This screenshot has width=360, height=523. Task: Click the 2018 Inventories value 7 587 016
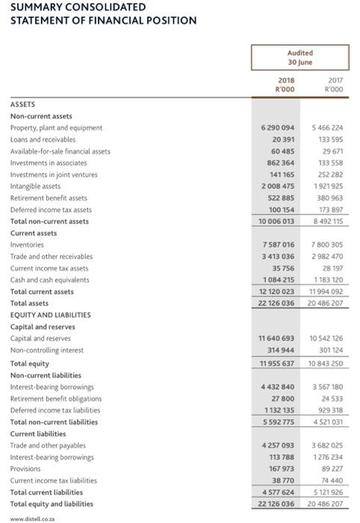(x=278, y=244)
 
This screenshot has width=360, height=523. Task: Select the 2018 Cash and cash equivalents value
(x=278, y=279)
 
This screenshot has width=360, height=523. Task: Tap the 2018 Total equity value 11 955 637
(x=276, y=363)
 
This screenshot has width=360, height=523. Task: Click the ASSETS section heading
(x=22, y=104)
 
